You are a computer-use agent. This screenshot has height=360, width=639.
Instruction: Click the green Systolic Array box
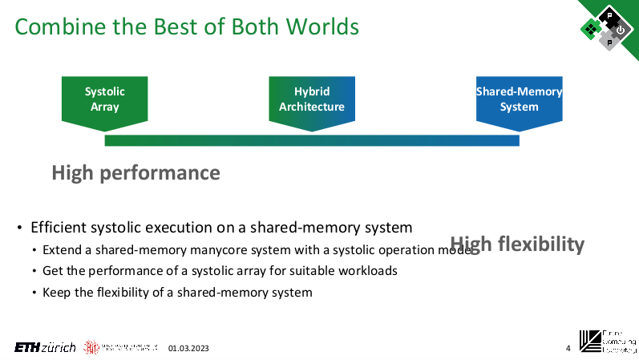[105, 99]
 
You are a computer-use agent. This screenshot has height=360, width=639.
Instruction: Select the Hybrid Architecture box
[312, 99]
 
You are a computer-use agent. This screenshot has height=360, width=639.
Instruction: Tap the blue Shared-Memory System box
[519, 99]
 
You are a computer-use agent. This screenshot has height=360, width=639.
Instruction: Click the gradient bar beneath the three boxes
[312, 141]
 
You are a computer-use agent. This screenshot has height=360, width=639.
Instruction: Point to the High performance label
[135, 172]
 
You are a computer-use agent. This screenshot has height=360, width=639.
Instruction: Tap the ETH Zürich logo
[45, 347]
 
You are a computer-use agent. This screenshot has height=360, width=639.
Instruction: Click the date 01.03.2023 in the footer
[188, 348]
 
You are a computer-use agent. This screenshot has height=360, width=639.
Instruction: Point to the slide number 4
[568, 348]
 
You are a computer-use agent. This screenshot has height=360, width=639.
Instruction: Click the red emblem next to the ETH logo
[91, 347]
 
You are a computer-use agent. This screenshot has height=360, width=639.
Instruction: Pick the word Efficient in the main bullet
[58, 227]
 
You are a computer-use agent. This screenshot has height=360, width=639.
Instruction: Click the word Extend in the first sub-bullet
[62, 249]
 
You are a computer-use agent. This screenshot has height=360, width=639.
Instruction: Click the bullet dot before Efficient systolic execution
[19, 228]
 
